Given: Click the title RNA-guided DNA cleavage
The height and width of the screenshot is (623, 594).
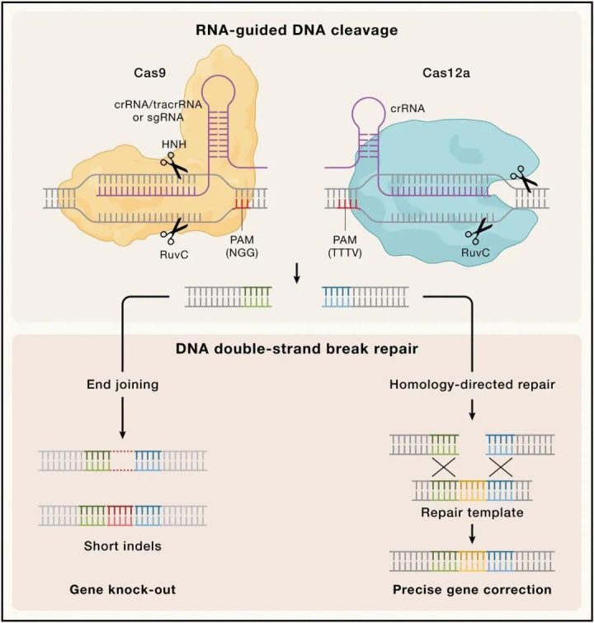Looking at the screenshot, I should coord(296,31).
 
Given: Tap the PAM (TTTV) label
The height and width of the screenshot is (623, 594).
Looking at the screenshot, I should coord(343,246).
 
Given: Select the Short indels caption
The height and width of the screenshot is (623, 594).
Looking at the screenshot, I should coord(121,546).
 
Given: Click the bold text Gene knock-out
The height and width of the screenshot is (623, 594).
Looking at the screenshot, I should coord(121,590).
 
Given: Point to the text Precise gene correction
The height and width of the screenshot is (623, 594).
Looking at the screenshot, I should coord(473,590).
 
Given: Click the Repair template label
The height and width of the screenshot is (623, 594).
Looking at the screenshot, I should coord(473,512).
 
